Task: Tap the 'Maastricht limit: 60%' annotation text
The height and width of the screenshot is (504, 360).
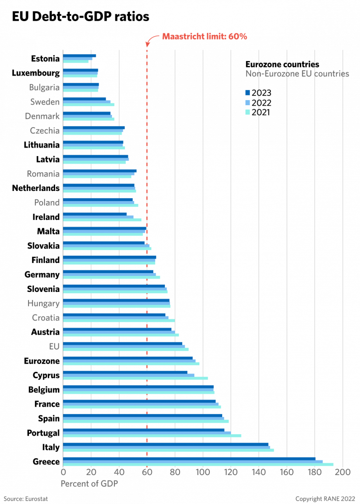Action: (204, 37)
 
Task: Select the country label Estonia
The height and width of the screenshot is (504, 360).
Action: (45, 59)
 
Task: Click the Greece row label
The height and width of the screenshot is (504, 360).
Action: (46, 462)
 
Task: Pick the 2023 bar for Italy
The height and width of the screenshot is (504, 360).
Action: (165, 444)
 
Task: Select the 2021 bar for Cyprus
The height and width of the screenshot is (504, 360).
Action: (135, 378)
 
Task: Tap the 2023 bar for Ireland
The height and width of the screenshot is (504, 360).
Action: (95, 214)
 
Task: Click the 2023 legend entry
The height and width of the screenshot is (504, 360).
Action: (259, 93)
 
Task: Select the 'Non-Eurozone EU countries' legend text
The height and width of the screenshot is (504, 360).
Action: (297, 73)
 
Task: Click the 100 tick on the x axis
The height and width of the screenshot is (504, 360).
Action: (202, 472)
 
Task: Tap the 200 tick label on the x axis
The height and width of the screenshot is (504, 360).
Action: (343, 472)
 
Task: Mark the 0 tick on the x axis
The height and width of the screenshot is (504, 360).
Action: (63, 472)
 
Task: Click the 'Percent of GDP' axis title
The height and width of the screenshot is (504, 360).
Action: (90, 484)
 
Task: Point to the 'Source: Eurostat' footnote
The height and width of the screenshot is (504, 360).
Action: (26, 498)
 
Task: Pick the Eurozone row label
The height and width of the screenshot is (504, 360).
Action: (42, 361)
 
